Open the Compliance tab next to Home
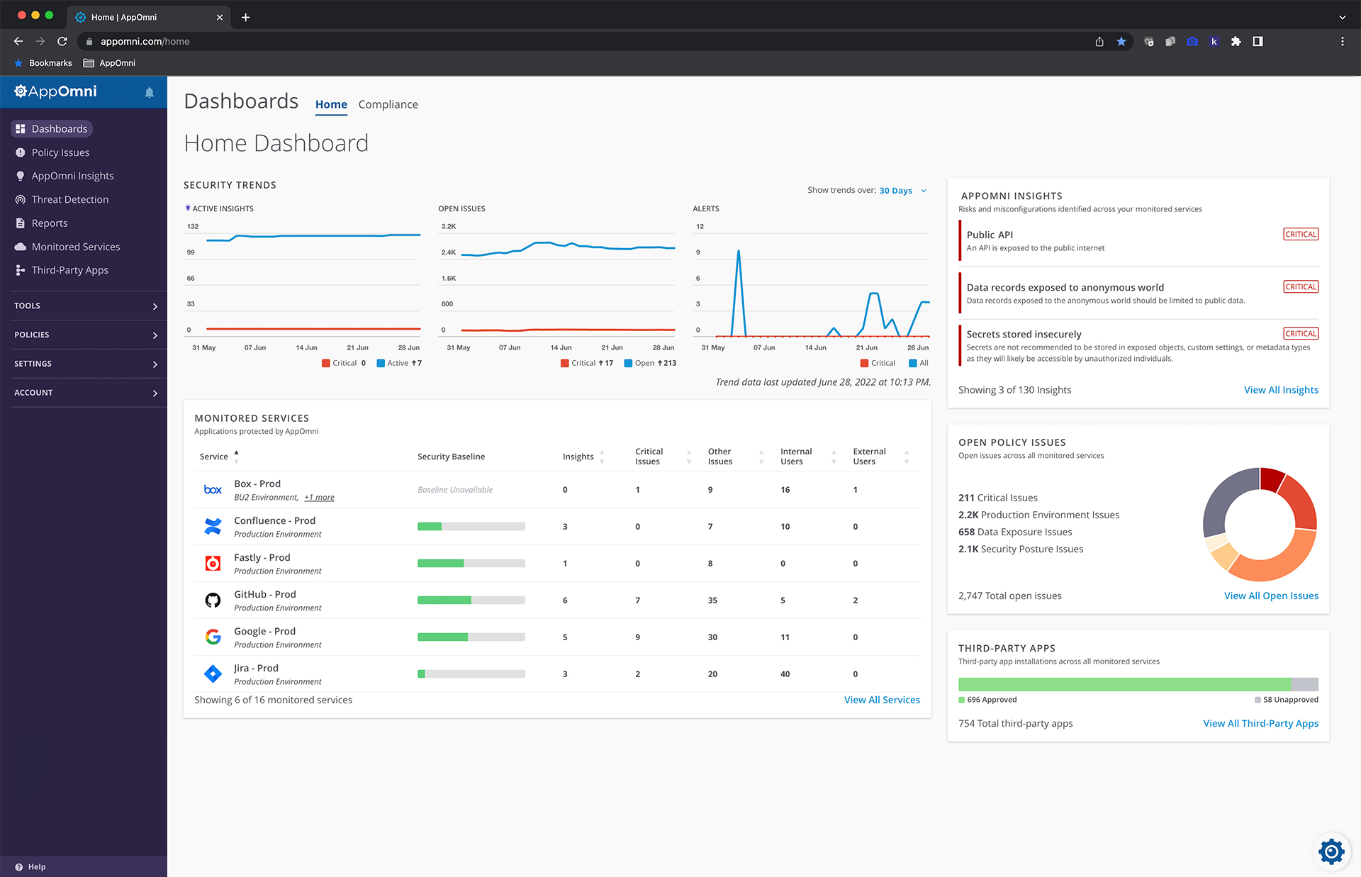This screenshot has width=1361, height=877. point(388,104)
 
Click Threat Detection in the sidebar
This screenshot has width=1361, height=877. point(69,199)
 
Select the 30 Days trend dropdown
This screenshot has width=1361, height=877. point(902,191)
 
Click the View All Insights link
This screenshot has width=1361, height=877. point(1280,390)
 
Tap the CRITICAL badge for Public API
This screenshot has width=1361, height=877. point(1300,235)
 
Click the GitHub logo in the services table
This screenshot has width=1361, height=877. point(213,601)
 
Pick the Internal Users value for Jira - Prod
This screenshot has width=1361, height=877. point(785,674)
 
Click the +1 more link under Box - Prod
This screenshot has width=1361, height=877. point(319,498)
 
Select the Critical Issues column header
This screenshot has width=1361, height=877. point(649,457)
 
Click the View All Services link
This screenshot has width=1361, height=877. point(881,700)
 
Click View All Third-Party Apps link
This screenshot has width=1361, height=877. point(1260,724)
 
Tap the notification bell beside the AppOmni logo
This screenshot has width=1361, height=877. point(150,93)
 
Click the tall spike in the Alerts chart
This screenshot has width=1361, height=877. point(739,252)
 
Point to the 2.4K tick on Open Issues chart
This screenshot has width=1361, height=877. point(449,252)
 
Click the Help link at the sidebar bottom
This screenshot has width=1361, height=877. point(36,867)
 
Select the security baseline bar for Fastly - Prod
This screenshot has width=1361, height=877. point(471,564)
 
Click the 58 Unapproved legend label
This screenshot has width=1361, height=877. point(1290,700)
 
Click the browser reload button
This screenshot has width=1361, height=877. point(62,41)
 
